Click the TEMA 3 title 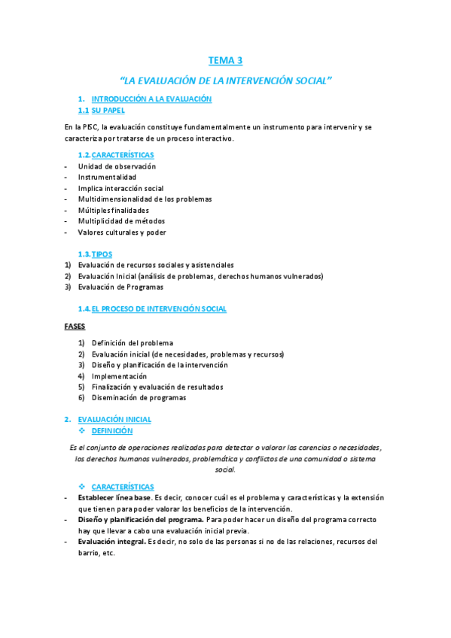point(225,60)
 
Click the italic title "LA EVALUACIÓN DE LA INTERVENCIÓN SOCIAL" point(226,80)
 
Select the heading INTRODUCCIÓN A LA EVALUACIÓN point(151,99)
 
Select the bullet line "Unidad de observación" point(116,166)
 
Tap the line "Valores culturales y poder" point(121,232)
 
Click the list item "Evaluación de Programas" point(120,287)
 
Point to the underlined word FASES point(74,327)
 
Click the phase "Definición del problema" point(132,343)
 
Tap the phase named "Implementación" point(119,376)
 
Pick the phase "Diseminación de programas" point(139,398)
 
